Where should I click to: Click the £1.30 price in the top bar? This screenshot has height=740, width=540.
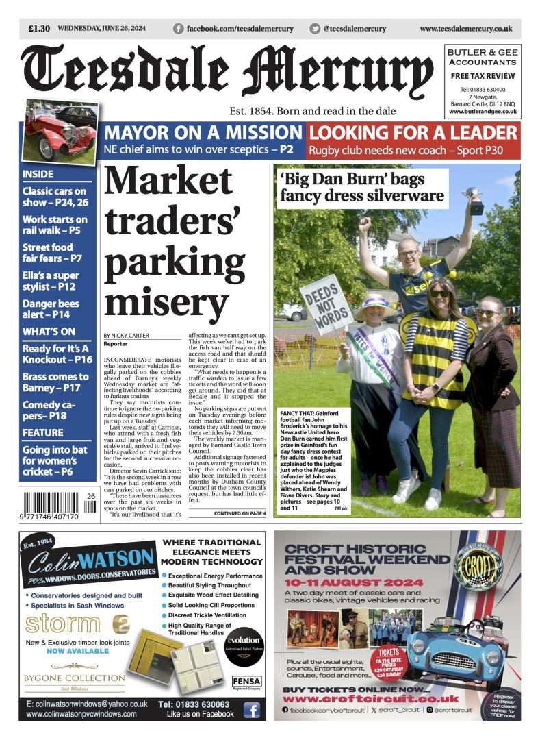coord(39,29)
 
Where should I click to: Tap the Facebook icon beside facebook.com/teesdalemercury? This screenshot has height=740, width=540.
coord(179,29)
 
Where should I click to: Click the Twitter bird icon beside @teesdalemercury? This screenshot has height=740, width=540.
coord(315,29)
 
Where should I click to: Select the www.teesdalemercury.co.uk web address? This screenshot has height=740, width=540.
coord(465,29)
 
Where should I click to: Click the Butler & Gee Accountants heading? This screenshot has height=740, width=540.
coord(483,57)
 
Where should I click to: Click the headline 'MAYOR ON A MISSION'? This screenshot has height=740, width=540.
coord(203,133)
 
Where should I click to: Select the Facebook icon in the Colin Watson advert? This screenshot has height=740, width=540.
coord(251,710)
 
